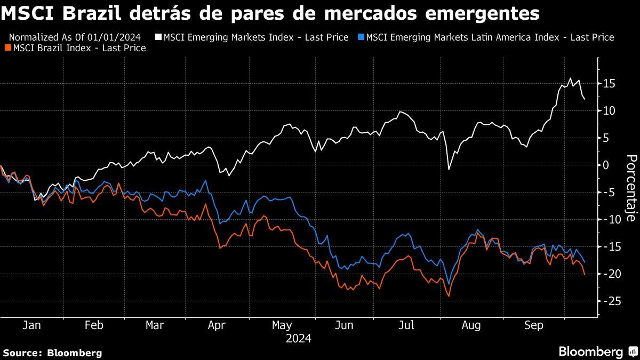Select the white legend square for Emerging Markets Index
tap(159, 37)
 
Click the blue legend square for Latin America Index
tap(362, 37)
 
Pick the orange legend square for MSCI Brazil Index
tap(7, 48)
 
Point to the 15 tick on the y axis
tap(610, 84)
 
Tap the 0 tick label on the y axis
tap(606, 165)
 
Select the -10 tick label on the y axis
tap(608, 220)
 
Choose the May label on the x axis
tap(282, 325)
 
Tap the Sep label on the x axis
tap(533, 325)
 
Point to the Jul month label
tap(406, 325)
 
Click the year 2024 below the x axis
tap(298, 338)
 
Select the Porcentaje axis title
tap(630, 188)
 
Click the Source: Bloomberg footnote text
tap(52, 353)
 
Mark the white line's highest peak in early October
tap(570, 78)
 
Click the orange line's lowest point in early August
tap(449, 296)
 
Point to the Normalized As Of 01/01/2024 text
tap(75, 37)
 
